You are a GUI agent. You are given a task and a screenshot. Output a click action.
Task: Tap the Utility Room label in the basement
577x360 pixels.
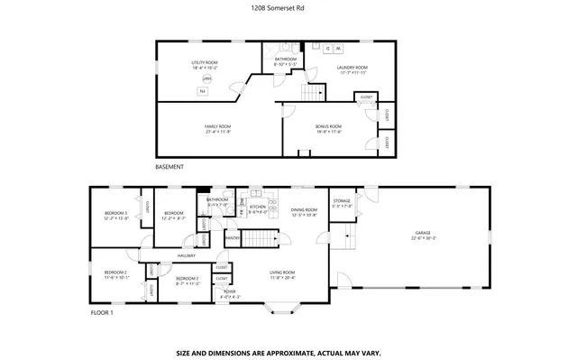205,64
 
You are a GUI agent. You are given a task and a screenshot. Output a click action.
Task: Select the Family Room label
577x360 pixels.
218,128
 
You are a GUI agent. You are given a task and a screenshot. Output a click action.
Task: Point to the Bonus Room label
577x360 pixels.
328,128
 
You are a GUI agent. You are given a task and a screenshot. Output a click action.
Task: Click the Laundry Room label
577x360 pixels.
353,69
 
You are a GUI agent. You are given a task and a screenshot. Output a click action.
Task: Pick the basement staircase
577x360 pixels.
313,93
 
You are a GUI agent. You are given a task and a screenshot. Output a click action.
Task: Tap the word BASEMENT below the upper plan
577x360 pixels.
169,167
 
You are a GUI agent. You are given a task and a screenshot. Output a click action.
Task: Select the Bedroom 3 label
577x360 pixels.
114,216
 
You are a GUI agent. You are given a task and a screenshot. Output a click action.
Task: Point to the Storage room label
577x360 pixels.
342,203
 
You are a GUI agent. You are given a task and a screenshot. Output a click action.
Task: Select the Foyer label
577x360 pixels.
230,292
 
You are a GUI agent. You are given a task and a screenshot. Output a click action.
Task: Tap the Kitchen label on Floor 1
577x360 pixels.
258,208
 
